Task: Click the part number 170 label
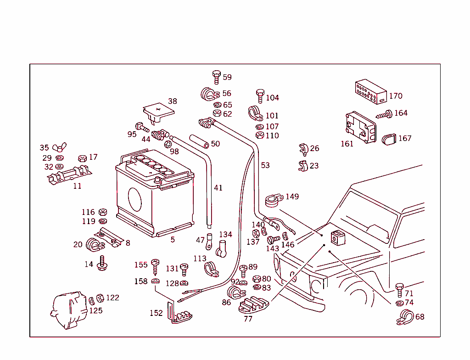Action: (395, 96)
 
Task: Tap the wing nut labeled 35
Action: (58, 148)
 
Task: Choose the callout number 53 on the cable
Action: (265, 165)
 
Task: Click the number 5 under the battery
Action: (173, 239)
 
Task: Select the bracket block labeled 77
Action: (254, 304)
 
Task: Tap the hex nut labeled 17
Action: (83, 158)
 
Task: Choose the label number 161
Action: (347, 144)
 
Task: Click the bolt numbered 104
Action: (260, 96)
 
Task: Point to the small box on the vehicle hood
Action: (337, 236)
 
